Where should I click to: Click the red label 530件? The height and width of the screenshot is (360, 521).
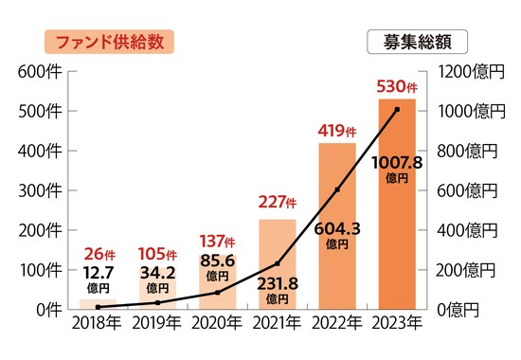click(397, 88)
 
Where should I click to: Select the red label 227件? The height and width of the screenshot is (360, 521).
click(278, 203)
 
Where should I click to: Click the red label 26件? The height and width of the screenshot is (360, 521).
click(99, 254)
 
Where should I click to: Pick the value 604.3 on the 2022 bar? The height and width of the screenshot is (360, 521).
click(337, 227)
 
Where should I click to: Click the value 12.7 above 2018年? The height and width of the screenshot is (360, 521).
click(99, 272)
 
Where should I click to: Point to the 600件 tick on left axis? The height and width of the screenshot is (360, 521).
click(38, 71)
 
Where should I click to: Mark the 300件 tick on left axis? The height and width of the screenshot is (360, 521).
click(38, 190)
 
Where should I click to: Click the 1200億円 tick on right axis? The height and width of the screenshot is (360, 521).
click(463, 71)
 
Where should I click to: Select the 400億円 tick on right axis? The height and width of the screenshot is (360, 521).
click(463, 230)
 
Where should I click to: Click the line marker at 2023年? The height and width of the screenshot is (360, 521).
click(397, 109)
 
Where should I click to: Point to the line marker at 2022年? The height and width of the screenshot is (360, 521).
click(337, 189)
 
